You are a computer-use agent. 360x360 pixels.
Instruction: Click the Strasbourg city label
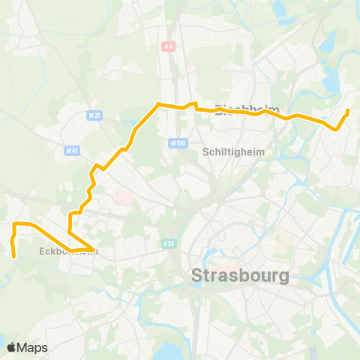click(241, 275)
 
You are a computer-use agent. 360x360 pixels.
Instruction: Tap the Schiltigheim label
click(234, 151)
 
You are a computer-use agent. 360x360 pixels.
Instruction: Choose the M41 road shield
click(72, 151)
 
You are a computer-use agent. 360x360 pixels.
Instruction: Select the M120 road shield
click(177, 142)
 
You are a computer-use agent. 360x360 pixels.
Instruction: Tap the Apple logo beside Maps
click(11, 347)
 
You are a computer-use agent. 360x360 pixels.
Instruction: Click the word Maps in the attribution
click(32, 347)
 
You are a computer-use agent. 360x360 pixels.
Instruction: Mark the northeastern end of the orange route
click(348, 111)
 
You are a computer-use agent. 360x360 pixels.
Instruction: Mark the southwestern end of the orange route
click(14, 256)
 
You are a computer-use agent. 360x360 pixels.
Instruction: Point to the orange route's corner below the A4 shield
click(157, 104)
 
